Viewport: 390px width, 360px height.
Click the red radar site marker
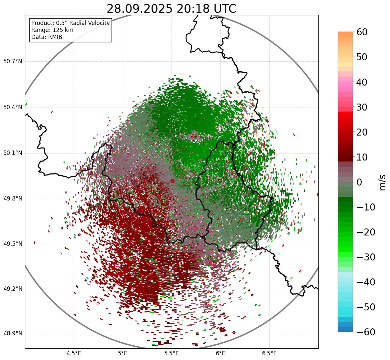click(172, 181)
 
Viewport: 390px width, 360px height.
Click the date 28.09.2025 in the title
click(140, 9)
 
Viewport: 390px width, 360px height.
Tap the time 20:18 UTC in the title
click(206, 9)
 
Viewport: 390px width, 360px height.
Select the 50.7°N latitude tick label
click(13, 62)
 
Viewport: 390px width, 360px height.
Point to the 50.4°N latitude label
click(13, 107)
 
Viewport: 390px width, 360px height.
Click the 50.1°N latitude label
click(13, 153)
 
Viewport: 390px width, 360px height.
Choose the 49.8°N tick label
click(13, 199)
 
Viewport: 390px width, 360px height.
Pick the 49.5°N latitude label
click(13, 244)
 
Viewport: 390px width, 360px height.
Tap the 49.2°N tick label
click(13, 289)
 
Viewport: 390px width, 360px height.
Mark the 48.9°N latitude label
click(13, 334)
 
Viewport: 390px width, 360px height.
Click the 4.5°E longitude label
click(74, 353)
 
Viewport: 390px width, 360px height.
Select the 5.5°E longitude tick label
click(172, 353)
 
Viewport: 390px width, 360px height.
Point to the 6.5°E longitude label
click(269, 353)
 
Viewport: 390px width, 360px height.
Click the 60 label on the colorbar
click(362, 32)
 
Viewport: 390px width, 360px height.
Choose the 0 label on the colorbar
click(359, 182)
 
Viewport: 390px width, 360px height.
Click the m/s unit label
click(382, 182)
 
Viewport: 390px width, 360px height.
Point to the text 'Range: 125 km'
click(52, 30)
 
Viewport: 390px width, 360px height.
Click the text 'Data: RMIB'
click(47, 37)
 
